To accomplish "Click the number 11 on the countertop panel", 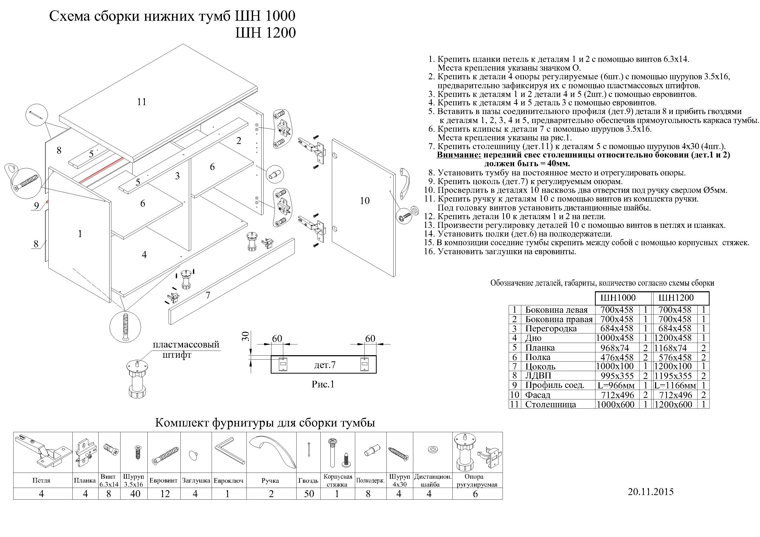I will click(142, 102).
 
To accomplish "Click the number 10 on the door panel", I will click(364, 201).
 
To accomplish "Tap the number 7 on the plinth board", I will click(208, 295).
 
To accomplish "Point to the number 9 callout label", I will click(36, 206).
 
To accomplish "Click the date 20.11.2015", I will click(650, 492).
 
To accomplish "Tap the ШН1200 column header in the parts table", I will click(676, 298).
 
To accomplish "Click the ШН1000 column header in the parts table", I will click(618, 298).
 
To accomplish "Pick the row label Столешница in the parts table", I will click(550, 404).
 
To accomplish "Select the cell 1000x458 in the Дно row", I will click(615, 338).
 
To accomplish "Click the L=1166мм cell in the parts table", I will click(675, 385).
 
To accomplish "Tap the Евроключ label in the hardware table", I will click(229, 481).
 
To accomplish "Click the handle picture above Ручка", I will click(272, 452).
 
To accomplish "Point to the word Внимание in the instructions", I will click(459, 155).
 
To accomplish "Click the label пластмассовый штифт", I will click(185, 349).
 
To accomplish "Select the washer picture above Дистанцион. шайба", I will click(432, 450).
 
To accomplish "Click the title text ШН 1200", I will click(265, 33).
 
